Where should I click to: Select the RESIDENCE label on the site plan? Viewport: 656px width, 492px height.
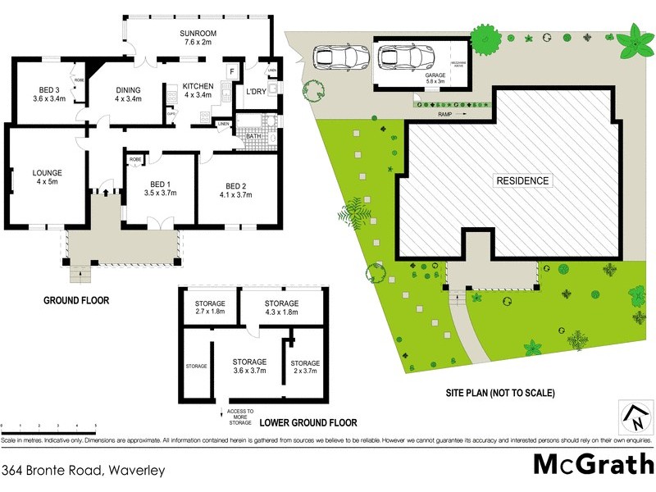click(522, 180)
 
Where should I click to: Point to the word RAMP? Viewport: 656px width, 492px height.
click(445, 115)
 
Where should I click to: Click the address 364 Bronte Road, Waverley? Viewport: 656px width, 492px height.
click(84, 471)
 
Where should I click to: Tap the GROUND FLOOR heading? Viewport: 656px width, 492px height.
click(76, 300)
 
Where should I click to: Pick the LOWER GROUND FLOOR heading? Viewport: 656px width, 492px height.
click(308, 423)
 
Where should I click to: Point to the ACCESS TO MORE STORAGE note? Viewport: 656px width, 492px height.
click(240, 417)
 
